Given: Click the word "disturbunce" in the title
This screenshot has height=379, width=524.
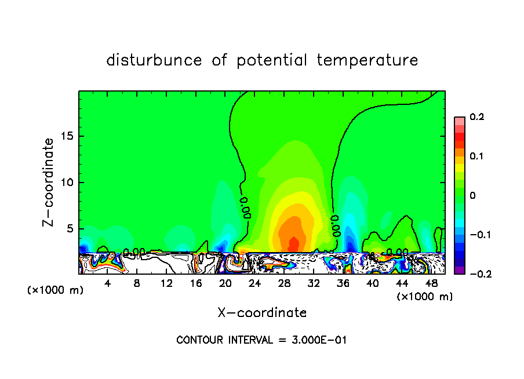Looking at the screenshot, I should click(154, 60).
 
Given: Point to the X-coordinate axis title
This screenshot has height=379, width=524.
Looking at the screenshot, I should click(262, 313).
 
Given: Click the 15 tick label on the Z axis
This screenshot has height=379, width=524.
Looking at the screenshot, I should click(67, 137).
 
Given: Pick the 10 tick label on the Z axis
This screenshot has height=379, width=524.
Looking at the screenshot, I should click(67, 183).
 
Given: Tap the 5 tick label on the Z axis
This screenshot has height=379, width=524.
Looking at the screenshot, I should click(71, 229).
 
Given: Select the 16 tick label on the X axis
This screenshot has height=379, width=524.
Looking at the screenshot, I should click(196, 283).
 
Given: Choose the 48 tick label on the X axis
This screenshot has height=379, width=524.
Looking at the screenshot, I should click(431, 283).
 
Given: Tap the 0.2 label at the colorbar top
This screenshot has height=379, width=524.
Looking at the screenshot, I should click(476, 117).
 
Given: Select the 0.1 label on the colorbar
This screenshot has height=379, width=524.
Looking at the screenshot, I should click(476, 156).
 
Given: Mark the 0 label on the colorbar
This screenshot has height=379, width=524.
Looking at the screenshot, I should click(472, 196).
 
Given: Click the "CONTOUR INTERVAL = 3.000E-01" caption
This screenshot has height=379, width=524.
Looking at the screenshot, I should click(261, 340).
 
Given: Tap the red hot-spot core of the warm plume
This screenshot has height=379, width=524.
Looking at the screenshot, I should click(293, 244).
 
